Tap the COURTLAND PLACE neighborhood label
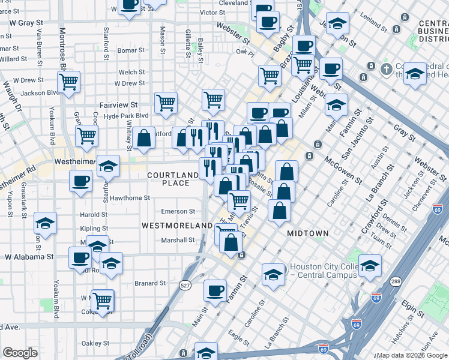(x=173, y=179)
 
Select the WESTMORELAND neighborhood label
(x=177, y=225)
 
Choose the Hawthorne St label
(x=130, y=198)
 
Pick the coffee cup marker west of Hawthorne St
(x=81, y=181)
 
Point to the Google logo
(x=20, y=353)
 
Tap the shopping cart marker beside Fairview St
(x=166, y=103)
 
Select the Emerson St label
(x=178, y=211)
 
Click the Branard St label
(x=149, y=283)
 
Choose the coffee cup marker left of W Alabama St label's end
(x=80, y=259)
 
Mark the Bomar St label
(x=128, y=50)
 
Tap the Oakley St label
(x=95, y=343)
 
